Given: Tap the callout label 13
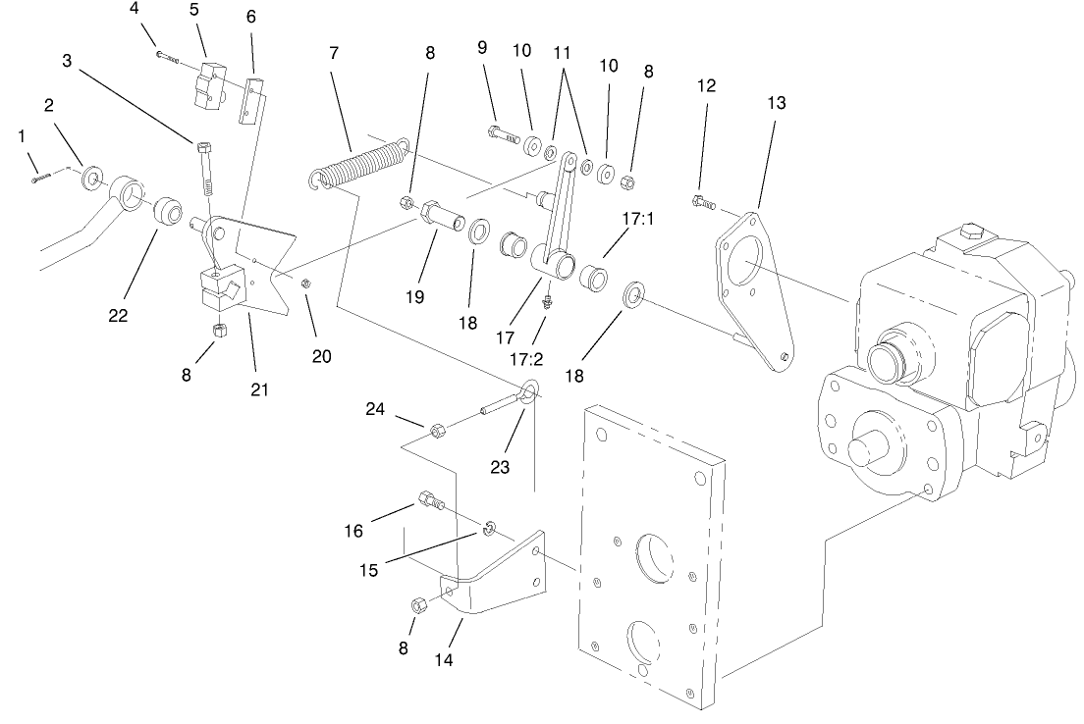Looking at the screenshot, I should click(x=777, y=102).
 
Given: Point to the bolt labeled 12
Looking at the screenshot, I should click(x=703, y=203).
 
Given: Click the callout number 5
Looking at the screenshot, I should click(x=194, y=11).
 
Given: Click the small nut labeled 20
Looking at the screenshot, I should click(x=305, y=284).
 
